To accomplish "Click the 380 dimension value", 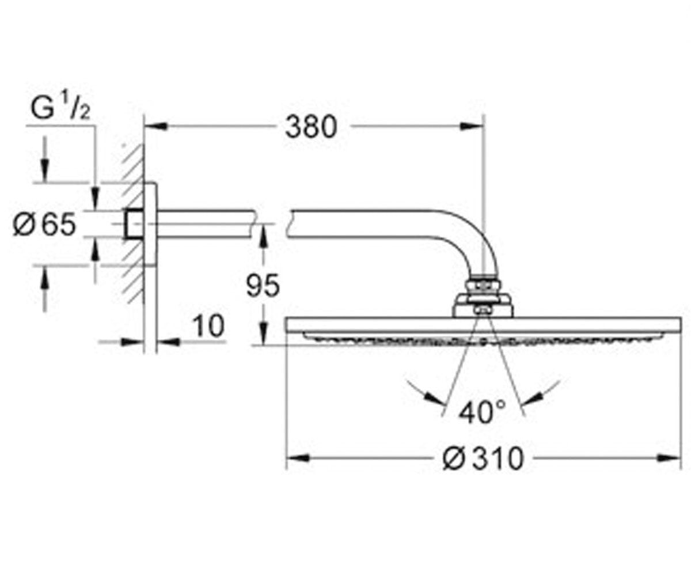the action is pyautogui.click(x=311, y=127).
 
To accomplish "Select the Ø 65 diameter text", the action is pyautogui.click(x=44, y=225).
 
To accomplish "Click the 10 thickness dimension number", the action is pyautogui.click(x=208, y=326).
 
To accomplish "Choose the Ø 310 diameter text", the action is pyautogui.click(x=483, y=459).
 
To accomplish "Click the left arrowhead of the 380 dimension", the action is pyautogui.click(x=156, y=126).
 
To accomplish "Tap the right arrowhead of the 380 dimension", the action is pyautogui.click(x=472, y=126).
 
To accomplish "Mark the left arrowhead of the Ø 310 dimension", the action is pyautogui.click(x=298, y=458).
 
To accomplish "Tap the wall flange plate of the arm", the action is pyautogui.click(x=150, y=224).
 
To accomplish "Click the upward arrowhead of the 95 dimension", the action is pyautogui.click(x=263, y=236).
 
